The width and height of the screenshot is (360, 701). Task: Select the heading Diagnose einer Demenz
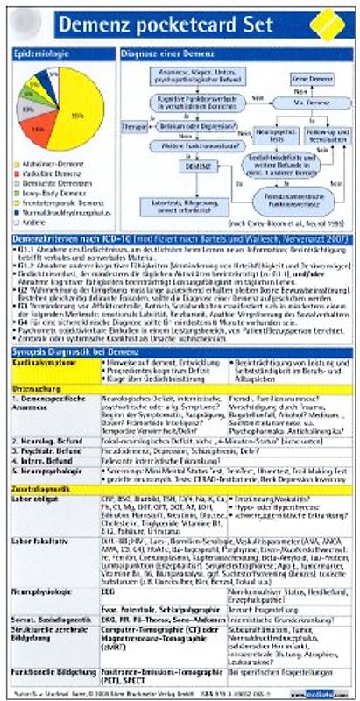tap(171, 53)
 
